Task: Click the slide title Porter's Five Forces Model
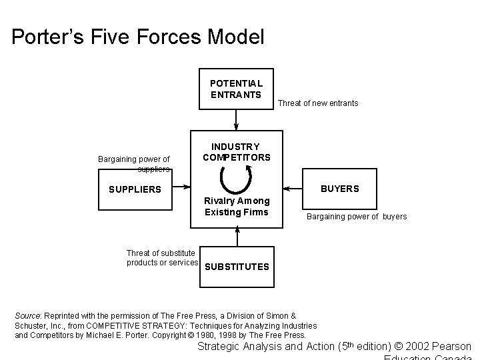click(138, 37)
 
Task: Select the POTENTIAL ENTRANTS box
click(236, 89)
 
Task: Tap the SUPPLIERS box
click(135, 189)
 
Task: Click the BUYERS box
click(339, 189)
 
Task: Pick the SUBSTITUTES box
click(236, 267)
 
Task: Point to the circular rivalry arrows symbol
click(236, 178)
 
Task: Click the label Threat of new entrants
click(317, 103)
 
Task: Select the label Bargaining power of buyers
click(356, 217)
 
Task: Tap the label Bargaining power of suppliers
click(134, 164)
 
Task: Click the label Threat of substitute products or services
click(161, 257)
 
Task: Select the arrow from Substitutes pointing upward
click(236, 237)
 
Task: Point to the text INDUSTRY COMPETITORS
click(236, 152)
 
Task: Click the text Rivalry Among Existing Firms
click(237, 207)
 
